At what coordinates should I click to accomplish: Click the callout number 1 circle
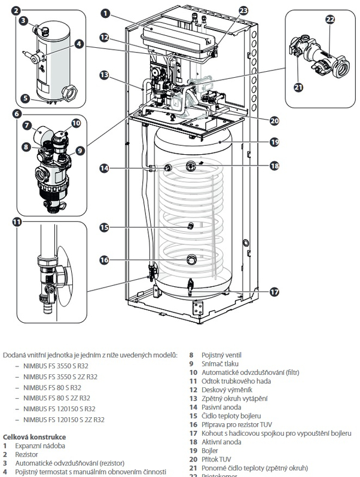[x=105, y=12]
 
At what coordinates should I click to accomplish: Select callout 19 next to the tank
[x=274, y=142]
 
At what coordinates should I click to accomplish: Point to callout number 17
[x=274, y=292]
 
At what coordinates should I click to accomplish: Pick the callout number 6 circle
[x=16, y=114]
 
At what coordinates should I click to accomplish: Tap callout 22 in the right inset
[x=330, y=20]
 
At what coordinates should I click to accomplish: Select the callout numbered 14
[x=105, y=169]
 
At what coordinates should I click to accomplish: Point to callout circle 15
[x=105, y=227]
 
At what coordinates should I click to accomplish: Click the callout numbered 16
[x=105, y=260]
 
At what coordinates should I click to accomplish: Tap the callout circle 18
[x=274, y=165]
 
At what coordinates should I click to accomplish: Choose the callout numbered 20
[x=274, y=120]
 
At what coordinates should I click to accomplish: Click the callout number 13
[x=105, y=75]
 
